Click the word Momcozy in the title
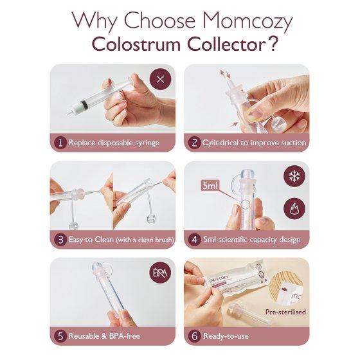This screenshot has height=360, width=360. click(x=248, y=21)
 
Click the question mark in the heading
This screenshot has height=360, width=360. click(x=273, y=44)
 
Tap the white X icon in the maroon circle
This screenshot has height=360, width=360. click(x=160, y=80)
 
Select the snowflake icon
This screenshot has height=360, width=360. click(x=294, y=176)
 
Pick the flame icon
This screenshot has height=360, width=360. click(x=294, y=209)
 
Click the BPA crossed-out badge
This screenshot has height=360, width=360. click(x=160, y=273)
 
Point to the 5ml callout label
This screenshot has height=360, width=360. click(x=210, y=186)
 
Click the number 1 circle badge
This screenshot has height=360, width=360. click(x=60, y=143)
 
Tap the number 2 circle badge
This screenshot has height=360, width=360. click(x=194, y=143)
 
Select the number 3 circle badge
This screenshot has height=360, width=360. click(x=60, y=239)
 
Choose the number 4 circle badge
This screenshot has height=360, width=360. click(x=194, y=239)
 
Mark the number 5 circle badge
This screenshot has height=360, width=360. click(x=60, y=336)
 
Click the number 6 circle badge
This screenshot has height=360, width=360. click(x=194, y=336)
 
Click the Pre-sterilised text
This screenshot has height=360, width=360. click(x=285, y=312)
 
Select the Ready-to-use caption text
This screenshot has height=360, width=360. click(x=226, y=336)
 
